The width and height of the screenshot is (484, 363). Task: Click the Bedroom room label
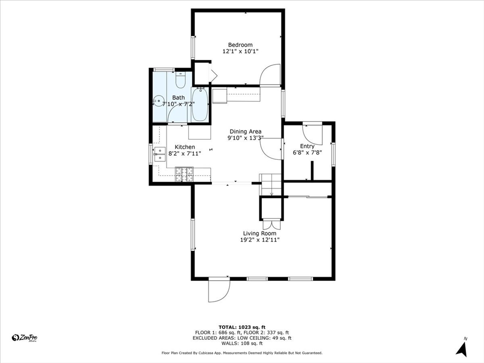[240, 45]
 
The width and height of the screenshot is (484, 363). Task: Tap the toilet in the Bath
[180, 79]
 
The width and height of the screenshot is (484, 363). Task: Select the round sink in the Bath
[158, 101]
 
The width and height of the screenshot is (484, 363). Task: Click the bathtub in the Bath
[200, 104]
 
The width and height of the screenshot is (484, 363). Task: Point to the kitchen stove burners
[184, 174]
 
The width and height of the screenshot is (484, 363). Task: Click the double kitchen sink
[160, 155]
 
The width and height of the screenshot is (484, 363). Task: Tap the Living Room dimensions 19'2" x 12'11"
[260, 240]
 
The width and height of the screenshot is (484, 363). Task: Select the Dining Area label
[245, 131]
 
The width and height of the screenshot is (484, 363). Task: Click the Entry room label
[307, 147]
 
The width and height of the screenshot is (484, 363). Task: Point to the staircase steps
[271, 185]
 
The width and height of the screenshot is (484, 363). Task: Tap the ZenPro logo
[25, 338]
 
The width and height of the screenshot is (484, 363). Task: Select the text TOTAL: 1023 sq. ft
[242, 327]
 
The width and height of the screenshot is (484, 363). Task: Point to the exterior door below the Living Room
[219, 290]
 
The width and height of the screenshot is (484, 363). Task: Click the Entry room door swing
[312, 135]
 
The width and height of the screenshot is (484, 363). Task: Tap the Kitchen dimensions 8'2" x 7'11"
[185, 153]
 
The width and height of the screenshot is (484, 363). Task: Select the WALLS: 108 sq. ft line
[242, 343]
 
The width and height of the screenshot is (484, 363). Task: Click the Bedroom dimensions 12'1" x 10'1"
[240, 52]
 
